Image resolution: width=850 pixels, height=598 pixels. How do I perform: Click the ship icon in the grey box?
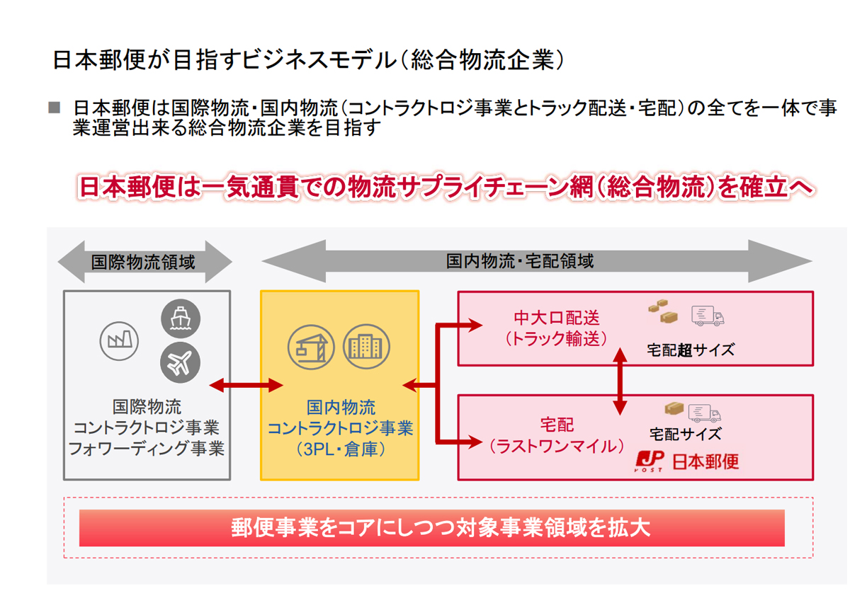(181, 318)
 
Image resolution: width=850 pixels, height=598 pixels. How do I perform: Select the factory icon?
(117, 340)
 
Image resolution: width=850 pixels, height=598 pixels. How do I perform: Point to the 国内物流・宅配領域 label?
(520, 261)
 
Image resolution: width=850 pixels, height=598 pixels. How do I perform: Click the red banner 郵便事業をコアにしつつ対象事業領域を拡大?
(431, 528)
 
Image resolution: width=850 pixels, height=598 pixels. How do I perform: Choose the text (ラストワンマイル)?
(557, 447)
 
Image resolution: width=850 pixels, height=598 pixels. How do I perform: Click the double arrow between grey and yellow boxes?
(246, 385)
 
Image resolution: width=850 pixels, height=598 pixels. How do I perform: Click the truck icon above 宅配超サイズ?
(708, 316)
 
